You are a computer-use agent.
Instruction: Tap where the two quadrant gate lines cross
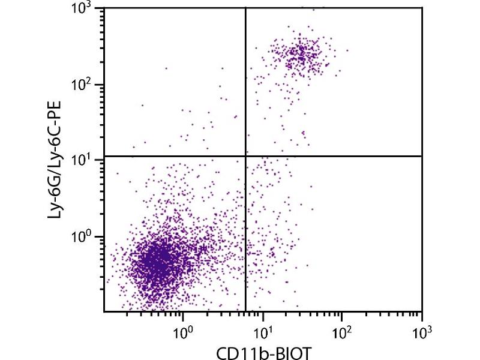(246, 156)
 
